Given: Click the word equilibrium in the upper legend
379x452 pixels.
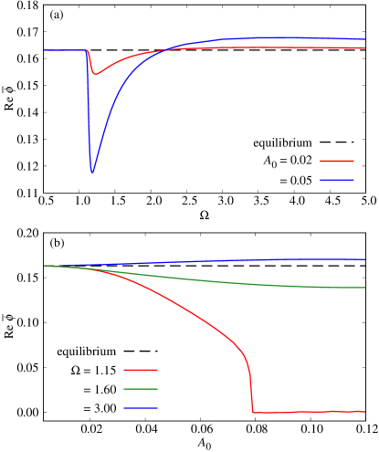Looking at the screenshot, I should (x=283, y=143).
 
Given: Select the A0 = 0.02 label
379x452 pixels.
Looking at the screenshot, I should (x=282, y=162).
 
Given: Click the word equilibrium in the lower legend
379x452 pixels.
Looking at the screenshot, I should (x=86, y=352).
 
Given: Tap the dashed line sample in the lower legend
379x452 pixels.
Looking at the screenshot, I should (x=141, y=352).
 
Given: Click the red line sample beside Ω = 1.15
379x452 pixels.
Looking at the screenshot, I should (x=141, y=371).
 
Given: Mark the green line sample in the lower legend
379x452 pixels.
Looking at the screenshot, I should (x=141, y=389).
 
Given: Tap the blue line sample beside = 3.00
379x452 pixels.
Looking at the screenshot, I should (x=141, y=408).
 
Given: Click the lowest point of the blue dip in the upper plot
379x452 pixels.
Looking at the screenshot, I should (x=92, y=171).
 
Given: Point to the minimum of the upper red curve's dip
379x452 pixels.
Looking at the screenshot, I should (x=96, y=73).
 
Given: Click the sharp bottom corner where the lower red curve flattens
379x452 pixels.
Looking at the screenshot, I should (x=254, y=413).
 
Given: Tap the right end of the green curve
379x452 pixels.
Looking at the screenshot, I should (x=365, y=288).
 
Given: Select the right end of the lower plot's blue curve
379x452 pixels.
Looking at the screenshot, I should (x=365, y=260).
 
